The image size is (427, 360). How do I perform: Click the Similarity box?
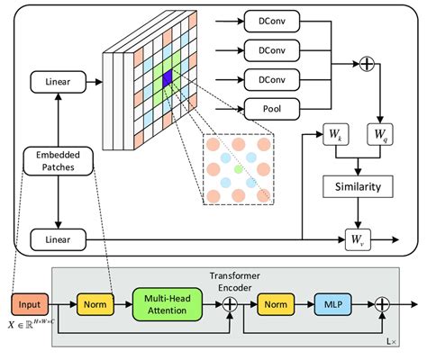(x=361, y=187)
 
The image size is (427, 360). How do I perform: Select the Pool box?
(x=273, y=111)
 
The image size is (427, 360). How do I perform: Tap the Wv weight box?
(x=359, y=240)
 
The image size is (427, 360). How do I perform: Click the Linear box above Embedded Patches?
(x=56, y=83)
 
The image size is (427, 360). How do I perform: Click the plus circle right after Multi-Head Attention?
(x=232, y=305)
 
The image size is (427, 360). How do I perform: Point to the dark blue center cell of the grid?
(x=168, y=82)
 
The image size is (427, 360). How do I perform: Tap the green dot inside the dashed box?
(x=237, y=168)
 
